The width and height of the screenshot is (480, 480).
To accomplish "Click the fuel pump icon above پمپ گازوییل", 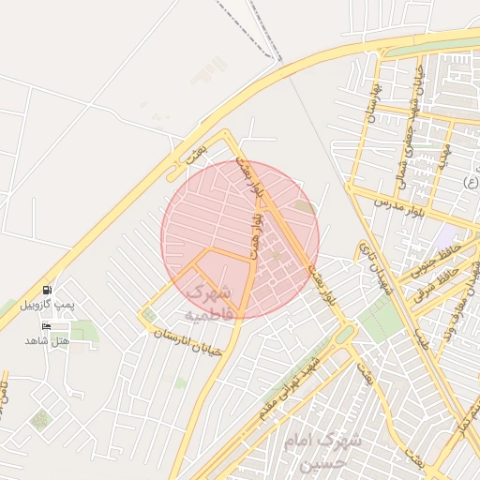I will [47, 290].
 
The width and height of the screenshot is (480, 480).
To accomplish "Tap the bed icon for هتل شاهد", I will [46, 326].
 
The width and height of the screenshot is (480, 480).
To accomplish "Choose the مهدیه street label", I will [443, 150].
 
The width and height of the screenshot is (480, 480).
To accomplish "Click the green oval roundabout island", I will [343, 335].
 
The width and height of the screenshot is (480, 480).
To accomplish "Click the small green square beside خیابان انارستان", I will [148, 315].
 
